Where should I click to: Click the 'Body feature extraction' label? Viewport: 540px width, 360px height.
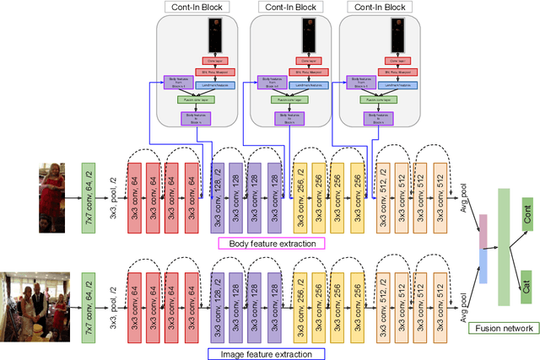click(272, 243)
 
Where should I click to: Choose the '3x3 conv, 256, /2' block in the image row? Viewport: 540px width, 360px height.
click(300, 300)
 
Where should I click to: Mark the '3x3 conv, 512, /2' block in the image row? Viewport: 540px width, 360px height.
click(382, 300)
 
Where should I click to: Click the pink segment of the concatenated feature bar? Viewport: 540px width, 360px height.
click(483, 231)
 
